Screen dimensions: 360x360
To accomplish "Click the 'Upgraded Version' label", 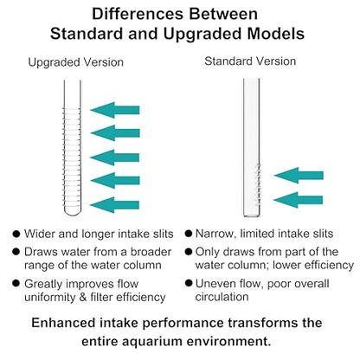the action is pos(76,62).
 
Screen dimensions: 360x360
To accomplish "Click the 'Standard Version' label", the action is pos(250,61).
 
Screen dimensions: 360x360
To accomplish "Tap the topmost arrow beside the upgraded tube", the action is pos(115,110).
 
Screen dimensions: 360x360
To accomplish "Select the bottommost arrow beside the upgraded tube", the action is pos(115,205).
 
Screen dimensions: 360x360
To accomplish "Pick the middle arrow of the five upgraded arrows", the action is pos(115,157).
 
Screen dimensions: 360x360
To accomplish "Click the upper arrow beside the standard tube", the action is pos(299,175).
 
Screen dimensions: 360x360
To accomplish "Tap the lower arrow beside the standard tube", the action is pos(298,200).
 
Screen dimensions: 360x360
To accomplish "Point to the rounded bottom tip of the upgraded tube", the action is pos(72,215).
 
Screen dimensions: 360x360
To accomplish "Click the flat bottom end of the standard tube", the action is pos(252,215).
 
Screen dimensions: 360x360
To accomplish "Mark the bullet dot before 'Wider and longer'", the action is pos(16,234).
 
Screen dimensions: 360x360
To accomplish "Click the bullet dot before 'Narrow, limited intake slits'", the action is pos(189,234).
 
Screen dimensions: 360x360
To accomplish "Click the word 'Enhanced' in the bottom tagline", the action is pos(63,323).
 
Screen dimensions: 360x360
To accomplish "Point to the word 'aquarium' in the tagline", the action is pos(152,342).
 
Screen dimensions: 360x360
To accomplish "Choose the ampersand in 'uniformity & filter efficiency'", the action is pos(83,298).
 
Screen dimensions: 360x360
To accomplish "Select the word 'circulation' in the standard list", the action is pos(222,297).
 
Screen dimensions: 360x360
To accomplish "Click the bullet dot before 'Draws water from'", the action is pos(16,252).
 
